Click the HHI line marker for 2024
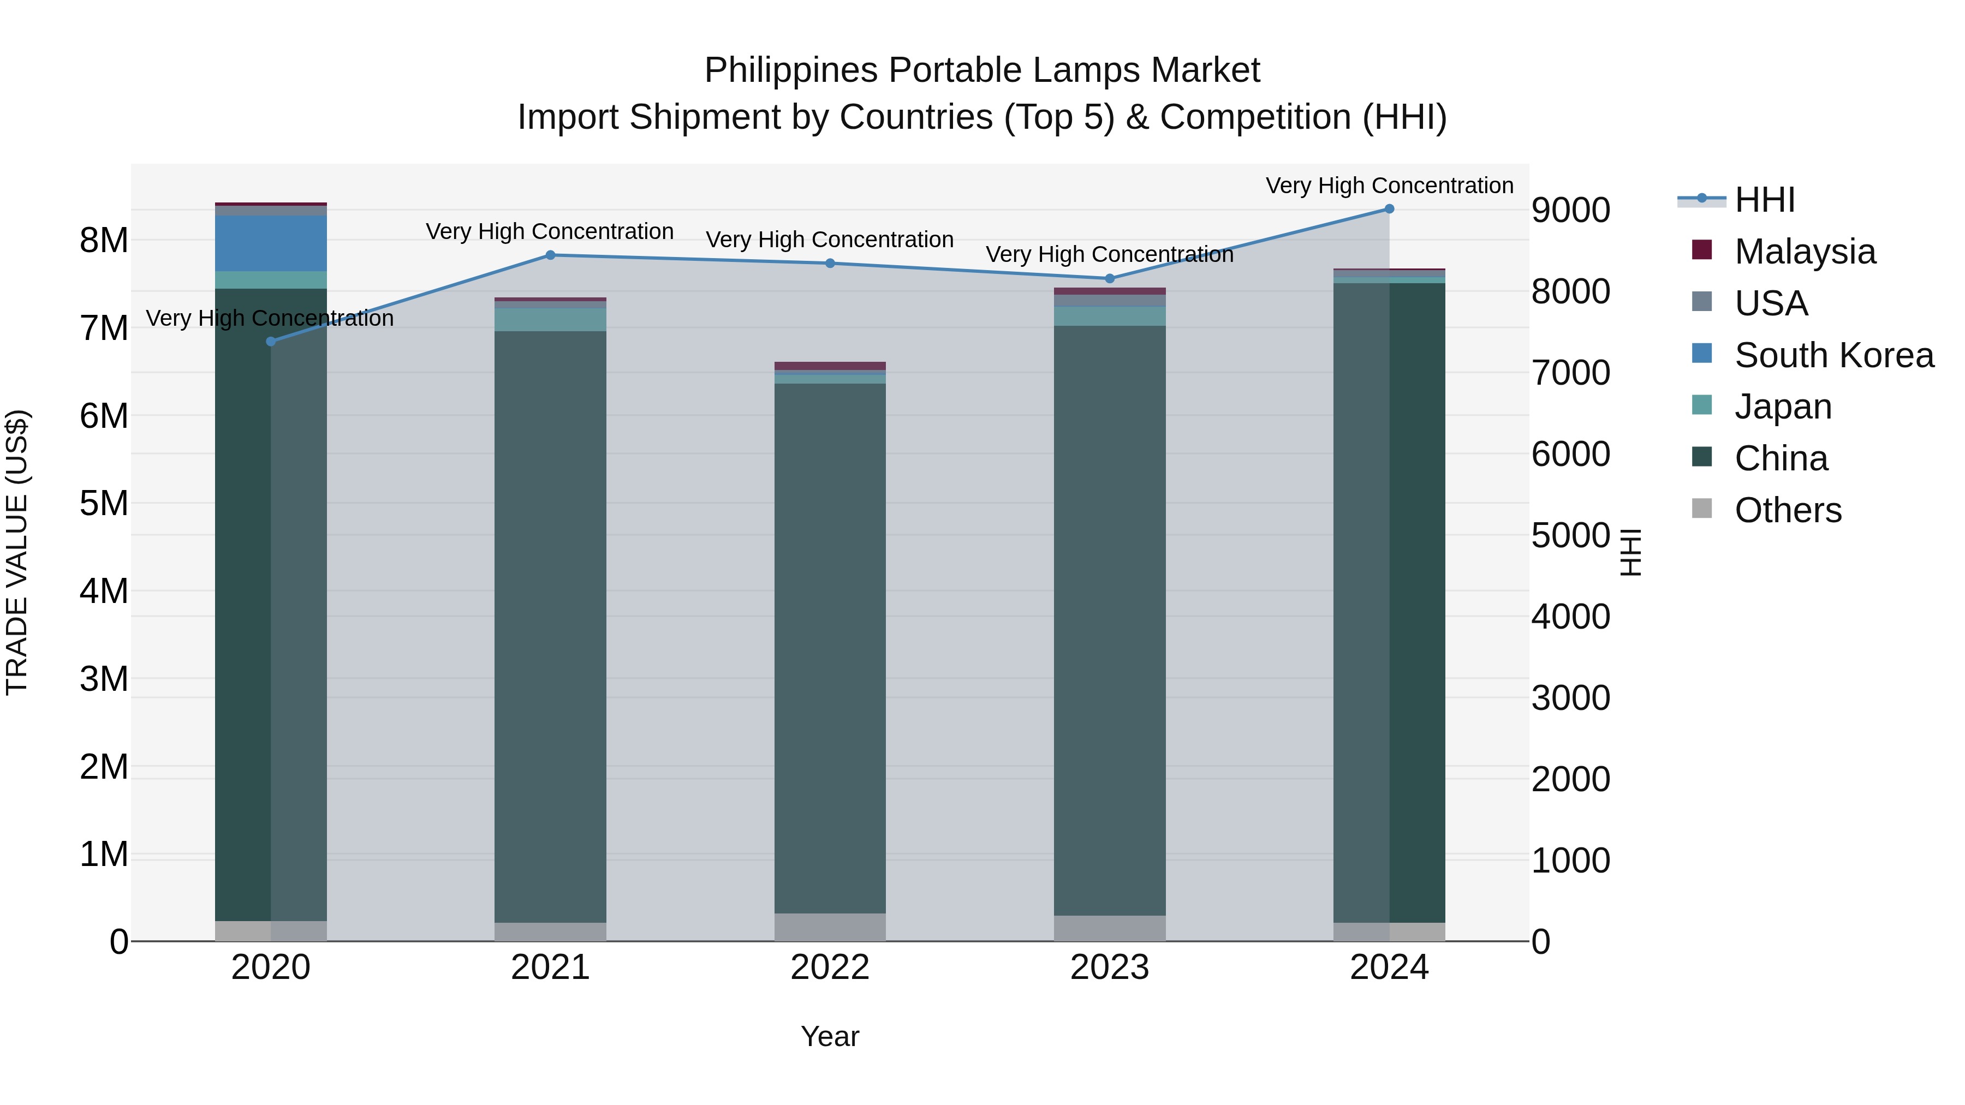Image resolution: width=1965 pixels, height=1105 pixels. point(1389,209)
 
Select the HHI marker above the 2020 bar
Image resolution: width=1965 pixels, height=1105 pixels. point(271,342)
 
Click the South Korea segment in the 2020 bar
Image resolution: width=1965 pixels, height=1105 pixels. point(271,243)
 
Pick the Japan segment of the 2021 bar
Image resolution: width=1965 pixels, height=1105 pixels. point(550,320)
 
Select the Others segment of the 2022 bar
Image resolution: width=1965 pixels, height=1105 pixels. point(830,927)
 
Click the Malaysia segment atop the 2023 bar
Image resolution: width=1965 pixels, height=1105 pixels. point(1110,291)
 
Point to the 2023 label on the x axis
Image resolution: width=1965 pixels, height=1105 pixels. point(1110,967)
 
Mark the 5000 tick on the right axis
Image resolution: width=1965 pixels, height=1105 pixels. point(1570,536)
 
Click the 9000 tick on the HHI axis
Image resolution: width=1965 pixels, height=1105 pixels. point(1570,211)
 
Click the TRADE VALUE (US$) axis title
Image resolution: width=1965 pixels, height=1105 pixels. point(17,552)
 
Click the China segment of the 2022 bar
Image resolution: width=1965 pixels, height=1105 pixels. point(830,648)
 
